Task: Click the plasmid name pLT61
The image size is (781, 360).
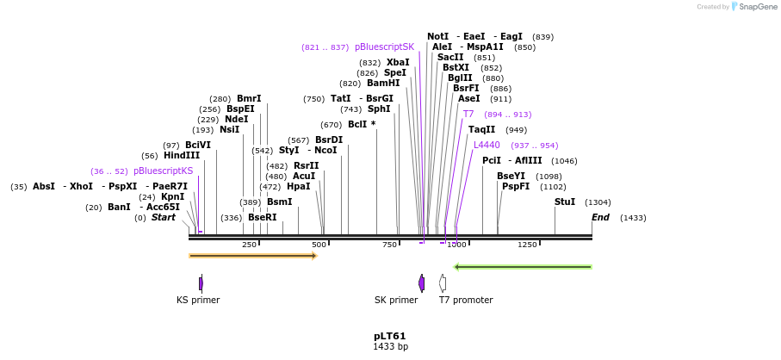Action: [389, 336]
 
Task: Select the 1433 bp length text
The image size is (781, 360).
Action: [389, 347]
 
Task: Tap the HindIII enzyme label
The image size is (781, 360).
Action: [182, 156]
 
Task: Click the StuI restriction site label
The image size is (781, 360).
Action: [565, 202]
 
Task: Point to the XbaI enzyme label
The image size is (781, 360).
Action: [398, 63]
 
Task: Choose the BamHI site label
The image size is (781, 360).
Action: [383, 84]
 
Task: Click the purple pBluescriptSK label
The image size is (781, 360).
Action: [384, 47]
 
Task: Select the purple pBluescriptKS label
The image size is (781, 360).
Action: [164, 171]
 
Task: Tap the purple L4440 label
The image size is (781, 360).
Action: [487, 146]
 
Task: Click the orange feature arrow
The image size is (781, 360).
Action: [253, 256]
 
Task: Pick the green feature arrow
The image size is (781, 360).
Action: [523, 267]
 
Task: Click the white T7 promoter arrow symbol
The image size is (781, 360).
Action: [443, 282]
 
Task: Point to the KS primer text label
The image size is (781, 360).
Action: [198, 301]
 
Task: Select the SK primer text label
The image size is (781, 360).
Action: [396, 301]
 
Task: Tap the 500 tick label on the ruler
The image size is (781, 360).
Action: [319, 245]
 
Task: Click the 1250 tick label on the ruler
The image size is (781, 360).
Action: [527, 245]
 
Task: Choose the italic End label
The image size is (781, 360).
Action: [600, 218]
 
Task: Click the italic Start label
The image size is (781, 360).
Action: [164, 218]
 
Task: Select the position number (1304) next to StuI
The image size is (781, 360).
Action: [598, 202]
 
